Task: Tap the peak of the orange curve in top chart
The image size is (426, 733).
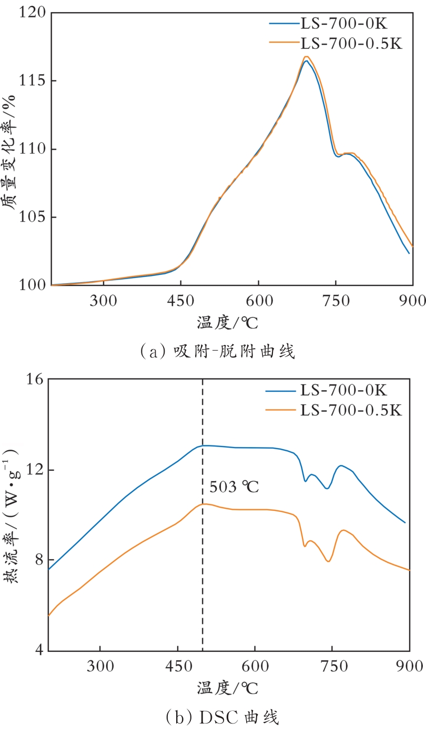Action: pyautogui.click(x=306, y=56)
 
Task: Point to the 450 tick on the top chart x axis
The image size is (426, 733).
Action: pyautogui.click(x=180, y=299)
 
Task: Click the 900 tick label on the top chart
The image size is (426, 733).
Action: pyautogui.click(x=410, y=299)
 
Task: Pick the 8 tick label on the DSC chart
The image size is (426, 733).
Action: pyautogui.click(x=38, y=560)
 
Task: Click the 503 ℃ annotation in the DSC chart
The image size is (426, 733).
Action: pyautogui.click(x=234, y=487)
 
